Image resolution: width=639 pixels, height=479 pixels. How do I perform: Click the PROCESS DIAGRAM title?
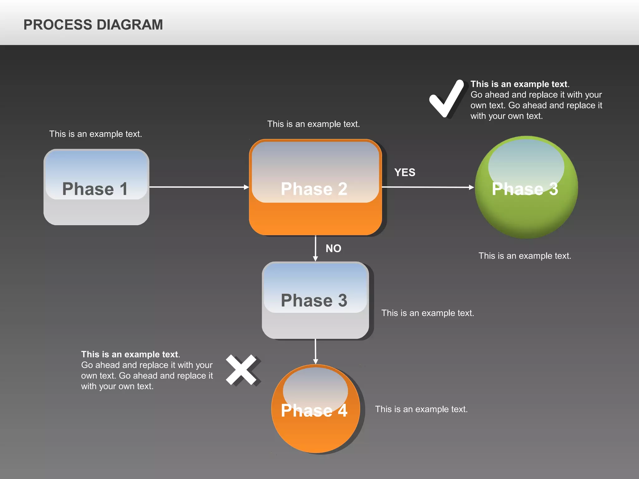click(93, 25)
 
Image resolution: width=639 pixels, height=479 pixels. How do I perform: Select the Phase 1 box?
click(96, 187)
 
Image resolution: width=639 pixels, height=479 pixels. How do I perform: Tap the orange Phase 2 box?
click(315, 187)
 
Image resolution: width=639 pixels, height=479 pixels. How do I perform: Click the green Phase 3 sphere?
click(526, 187)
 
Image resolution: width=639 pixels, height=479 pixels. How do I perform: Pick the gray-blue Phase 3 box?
click(315, 300)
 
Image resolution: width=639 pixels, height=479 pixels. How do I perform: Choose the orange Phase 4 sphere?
click(315, 409)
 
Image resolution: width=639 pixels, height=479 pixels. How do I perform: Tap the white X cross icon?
click(242, 370)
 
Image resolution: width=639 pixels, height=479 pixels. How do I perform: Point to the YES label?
click(405, 172)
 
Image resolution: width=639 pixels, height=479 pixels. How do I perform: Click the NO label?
click(333, 249)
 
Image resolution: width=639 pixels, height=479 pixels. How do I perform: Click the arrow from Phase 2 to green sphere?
click(427, 187)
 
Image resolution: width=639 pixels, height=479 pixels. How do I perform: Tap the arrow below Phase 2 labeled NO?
click(315, 248)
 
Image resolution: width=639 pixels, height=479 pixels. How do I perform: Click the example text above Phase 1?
click(95, 134)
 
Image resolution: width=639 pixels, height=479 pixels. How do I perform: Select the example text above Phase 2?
click(313, 124)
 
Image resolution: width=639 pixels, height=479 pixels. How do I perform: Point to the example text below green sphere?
click(525, 256)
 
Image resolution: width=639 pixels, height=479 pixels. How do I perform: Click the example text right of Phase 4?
click(421, 409)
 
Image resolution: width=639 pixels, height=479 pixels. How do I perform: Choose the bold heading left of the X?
click(130, 355)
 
